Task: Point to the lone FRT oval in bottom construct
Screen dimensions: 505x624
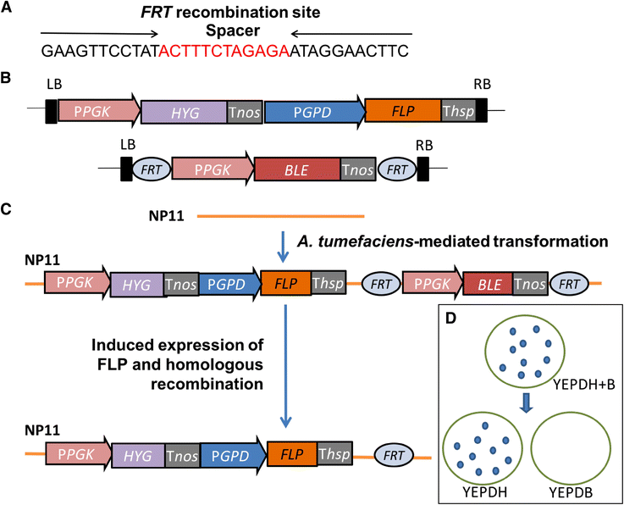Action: tap(392, 454)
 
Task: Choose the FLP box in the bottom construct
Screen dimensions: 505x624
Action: tap(291, 454)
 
